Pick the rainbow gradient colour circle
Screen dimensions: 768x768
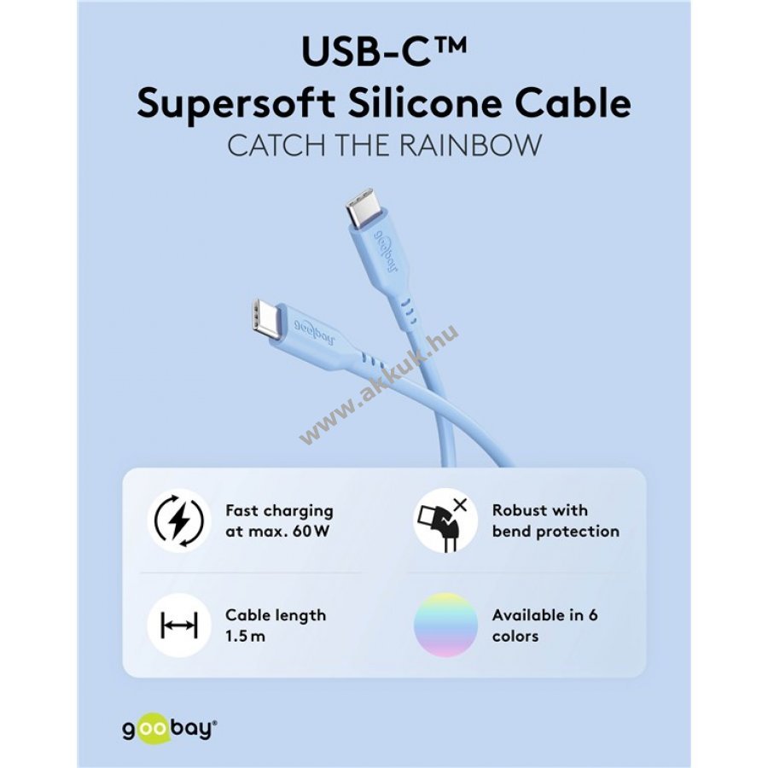coord(445,625)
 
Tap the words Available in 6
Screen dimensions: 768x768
coord(544,615)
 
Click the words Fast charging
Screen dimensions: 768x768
coord(279,511)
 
